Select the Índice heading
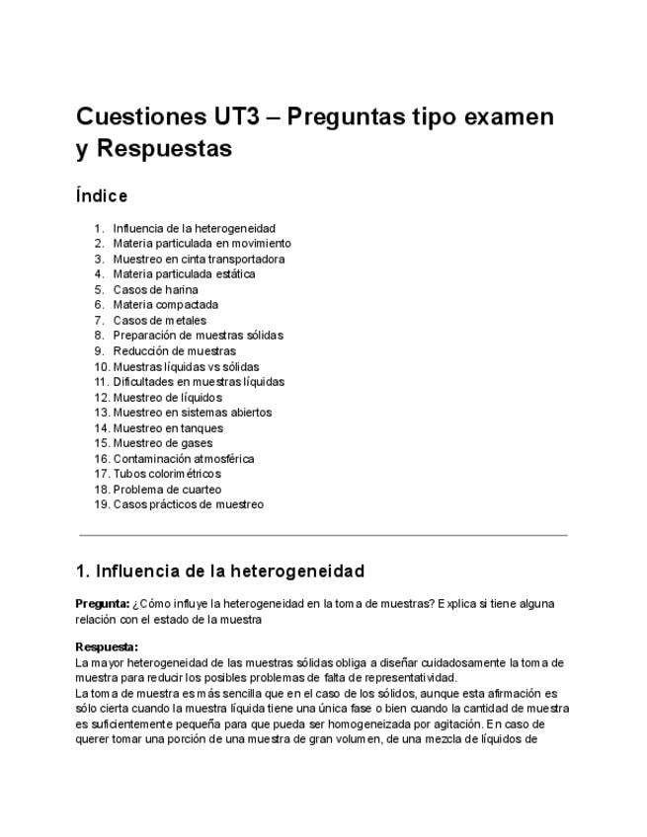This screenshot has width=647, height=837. (102, 195)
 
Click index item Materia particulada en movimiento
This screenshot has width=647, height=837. (202, 244)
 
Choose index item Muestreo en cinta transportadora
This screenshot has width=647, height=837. (199, 260)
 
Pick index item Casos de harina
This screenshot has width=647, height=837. (155, 290)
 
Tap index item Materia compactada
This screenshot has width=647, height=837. (165, 305)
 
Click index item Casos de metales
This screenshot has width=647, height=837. (159, 321)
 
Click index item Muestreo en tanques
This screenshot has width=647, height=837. (168, 428)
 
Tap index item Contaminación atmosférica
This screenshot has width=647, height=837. (183, 459)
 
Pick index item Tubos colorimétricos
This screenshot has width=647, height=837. (167, 474)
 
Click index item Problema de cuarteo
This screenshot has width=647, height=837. (167, 490)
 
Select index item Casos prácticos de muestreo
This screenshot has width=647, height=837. (188, 504)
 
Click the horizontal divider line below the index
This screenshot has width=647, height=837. (323, 535)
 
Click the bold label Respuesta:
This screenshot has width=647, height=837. (107, 647)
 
